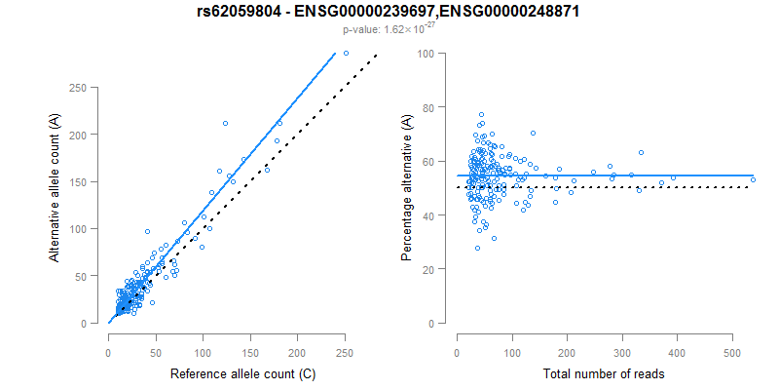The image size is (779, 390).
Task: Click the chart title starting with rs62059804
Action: point(389,13)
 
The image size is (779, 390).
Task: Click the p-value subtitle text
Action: point(389,30)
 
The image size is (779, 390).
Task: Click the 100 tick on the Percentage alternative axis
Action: point(425,54)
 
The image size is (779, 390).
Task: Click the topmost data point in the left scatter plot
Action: point(346,53)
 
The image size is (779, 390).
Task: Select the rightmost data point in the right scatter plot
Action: point(753,179)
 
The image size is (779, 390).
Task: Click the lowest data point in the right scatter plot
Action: point(477,248)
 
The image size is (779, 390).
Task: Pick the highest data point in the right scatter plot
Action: point(481,115)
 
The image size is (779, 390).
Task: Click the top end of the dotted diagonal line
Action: point(376,56)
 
